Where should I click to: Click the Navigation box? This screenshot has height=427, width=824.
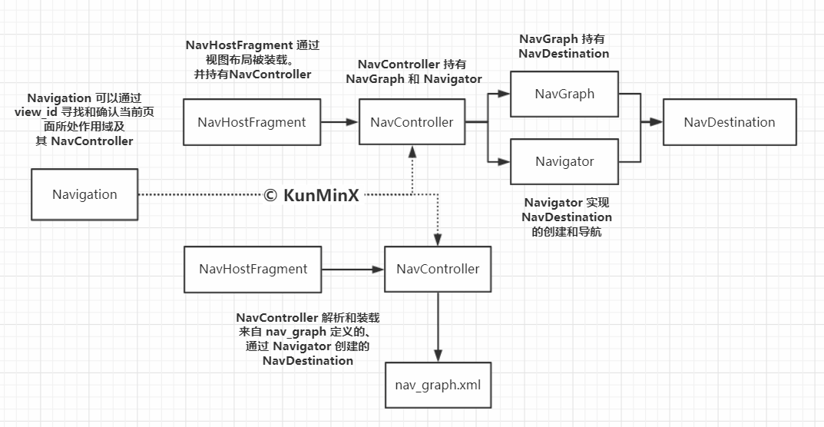tap(84, 194)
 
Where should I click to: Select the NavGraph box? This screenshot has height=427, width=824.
tap(564, 94)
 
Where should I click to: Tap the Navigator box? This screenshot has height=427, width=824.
tap(564, 161)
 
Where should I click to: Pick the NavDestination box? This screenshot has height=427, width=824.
tap(730, 122)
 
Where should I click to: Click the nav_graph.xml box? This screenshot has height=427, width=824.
tap(438, 385)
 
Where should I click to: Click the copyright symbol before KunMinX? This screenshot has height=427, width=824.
tap(270, 195)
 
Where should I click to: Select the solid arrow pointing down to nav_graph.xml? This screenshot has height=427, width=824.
tap(438, 326)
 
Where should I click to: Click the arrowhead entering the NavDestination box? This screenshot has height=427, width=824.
tap(656, 122)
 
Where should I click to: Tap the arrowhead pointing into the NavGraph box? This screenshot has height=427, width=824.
tap(504, 94)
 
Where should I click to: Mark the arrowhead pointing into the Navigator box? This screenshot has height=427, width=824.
tap(504, 161)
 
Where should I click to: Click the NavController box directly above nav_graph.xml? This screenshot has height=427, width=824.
tap(438, 269)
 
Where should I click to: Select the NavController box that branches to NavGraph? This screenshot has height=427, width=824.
tap(412, 122)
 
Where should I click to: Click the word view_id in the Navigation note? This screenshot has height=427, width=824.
tap(36, 112)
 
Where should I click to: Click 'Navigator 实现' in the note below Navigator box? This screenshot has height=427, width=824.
tap(567, 203)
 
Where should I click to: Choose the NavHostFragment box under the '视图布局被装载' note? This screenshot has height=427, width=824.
tap(252, 122)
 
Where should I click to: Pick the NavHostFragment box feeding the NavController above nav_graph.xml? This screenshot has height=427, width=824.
tap(253, 270)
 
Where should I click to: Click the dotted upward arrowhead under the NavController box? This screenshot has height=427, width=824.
tap(412, 151)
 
